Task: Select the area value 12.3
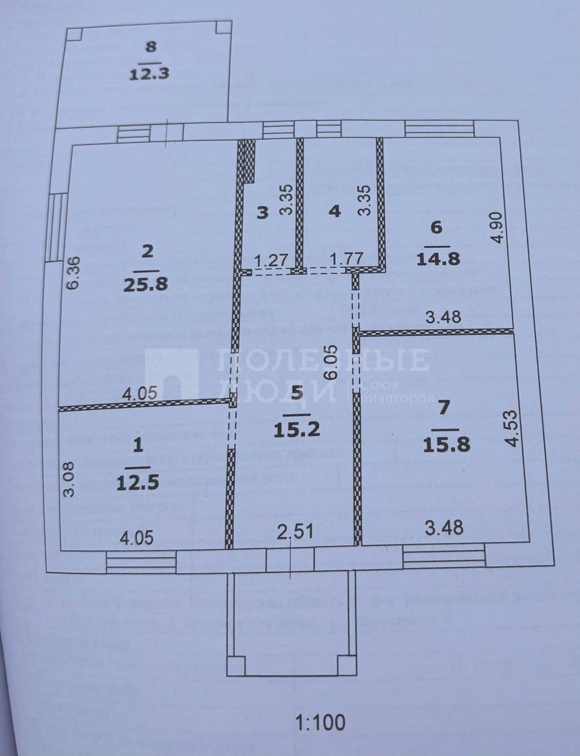point(149,72)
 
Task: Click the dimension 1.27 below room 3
point(267,260)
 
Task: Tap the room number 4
point(334,211)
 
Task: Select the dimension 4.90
point(498,228)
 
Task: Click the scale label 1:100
point(321,722)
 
